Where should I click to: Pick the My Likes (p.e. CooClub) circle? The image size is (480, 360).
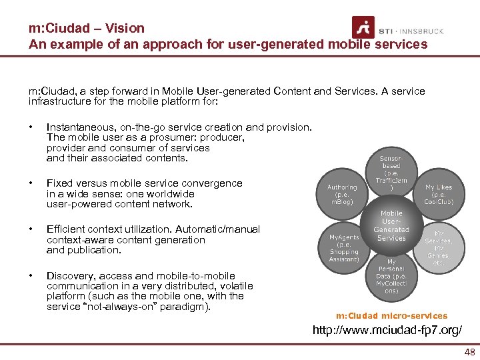[438, 194]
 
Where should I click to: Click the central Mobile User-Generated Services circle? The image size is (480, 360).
[391, 226]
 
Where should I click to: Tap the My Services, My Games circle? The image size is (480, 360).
[438, 249]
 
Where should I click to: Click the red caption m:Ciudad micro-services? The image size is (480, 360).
[392, 315]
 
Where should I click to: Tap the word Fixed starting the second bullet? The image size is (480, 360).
[57, 183]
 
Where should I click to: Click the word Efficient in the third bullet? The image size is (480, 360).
[66, 229]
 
